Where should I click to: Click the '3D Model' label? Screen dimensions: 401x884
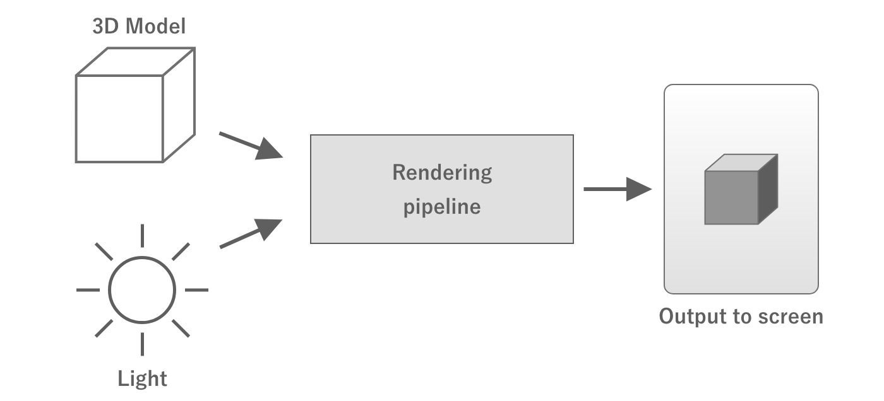tap(139, 26)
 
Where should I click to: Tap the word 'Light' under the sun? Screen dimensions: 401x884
tap(143, 378)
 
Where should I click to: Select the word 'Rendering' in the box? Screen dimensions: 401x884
tap(442, 172)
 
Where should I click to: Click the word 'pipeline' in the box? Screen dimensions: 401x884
tap(442, 206)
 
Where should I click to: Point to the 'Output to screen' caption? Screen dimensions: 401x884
tap(741, 316)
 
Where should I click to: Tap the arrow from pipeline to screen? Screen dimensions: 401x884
tap(617, 189)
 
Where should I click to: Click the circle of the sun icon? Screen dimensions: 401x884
tap(141, 290)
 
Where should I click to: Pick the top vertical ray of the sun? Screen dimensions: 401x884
tap(142, 235)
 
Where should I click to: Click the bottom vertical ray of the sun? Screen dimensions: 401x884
tap(142, 344)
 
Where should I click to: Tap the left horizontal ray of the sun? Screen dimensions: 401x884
tap(88, 290)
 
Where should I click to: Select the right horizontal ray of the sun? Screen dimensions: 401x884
tap(196, 290)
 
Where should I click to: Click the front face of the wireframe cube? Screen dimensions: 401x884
tap(119, 119)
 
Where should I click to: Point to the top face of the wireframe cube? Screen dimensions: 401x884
tap(135, 62)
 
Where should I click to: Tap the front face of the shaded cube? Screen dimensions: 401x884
tap(731, 197)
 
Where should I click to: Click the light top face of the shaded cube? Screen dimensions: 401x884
tap(740, 163)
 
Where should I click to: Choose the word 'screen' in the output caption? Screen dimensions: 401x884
tap(792, 316)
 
